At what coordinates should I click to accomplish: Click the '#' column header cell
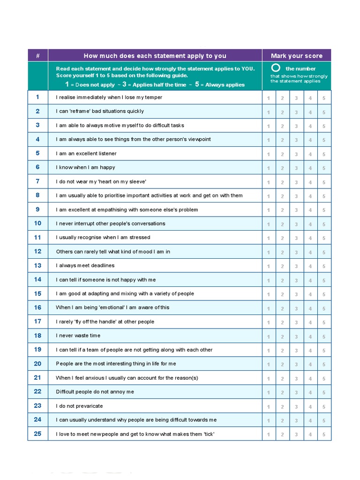[x=37, y=56]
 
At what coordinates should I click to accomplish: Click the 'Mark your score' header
[x=296, y=56]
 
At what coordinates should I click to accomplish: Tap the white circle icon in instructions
[x=276, y=68]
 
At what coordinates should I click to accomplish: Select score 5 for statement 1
[x=323, y=98]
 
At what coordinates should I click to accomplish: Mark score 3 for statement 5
[x=296, y=154]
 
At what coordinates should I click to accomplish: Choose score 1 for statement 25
[x=269, y=435]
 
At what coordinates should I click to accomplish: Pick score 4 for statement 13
[x=310, y=266]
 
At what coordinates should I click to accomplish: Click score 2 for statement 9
[x=282, y=210]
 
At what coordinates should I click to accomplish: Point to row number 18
[x=37, y=336]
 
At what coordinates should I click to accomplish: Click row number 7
[x=37, y=181]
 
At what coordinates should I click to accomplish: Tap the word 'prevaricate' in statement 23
[x=89, y=406]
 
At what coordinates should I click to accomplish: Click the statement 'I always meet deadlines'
[x=85, y=266]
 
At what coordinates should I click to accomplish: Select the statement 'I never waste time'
[x=78, y=336]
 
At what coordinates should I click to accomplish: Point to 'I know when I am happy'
[x=85, y=167]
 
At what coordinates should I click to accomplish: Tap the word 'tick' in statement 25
[x=208, y=434]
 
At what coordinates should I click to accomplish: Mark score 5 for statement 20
[x=323, y=364]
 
